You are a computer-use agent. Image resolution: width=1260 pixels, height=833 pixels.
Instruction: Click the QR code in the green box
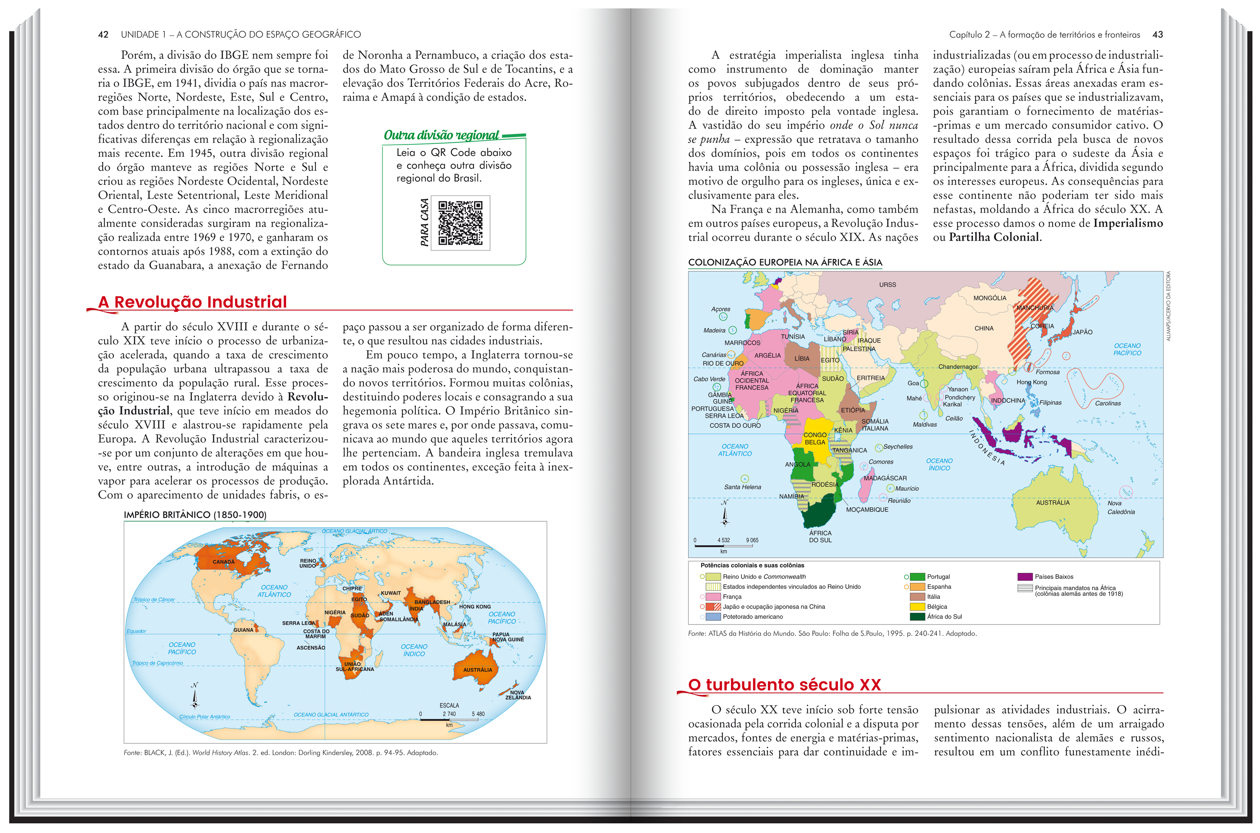tap(460, 223)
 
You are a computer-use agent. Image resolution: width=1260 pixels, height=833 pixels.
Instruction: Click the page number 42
tap(103, 34)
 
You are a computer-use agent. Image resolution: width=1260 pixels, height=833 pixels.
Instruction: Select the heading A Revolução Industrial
tap(192, 302)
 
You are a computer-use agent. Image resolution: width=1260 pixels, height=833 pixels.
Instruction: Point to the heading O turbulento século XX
tap(784, 685)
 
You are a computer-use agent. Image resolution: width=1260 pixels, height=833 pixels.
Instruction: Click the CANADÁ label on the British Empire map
tap(223, 562)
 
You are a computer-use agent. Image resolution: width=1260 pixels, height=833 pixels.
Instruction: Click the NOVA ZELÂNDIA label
tap(518, 695)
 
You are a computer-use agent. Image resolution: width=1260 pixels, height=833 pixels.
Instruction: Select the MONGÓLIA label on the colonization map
tap(989, 298)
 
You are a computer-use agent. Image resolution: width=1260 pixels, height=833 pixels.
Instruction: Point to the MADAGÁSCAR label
tap(885, 478)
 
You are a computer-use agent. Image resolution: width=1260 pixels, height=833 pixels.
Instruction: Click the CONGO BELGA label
tap(815, 438)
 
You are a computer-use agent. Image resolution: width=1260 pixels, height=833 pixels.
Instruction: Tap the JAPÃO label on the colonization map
tap(1083, 332)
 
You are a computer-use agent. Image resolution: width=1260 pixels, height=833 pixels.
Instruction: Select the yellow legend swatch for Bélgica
tap(917, 607)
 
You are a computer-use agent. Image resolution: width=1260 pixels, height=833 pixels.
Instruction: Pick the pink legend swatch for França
tap(712, 596)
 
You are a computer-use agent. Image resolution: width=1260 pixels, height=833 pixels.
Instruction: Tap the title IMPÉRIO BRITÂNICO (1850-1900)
tap(195, 515)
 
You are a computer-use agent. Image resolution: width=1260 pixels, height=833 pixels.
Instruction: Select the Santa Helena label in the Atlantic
tap(742, 487)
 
